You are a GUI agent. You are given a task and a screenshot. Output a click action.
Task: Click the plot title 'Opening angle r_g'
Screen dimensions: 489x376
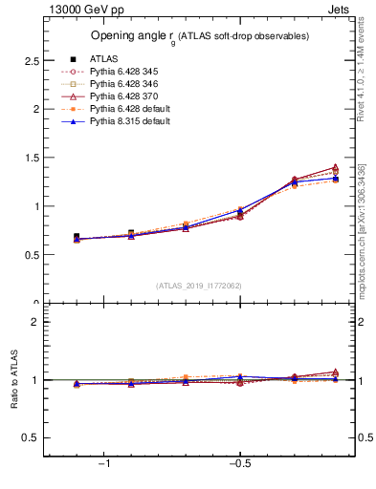click(199, 36)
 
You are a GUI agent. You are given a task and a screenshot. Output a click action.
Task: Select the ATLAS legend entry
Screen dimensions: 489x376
click(102, 59)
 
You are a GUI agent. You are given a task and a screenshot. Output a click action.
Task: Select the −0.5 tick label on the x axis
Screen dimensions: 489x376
click(239, 463)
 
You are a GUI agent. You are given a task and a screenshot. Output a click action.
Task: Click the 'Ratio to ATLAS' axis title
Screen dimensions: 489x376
click(12, 380)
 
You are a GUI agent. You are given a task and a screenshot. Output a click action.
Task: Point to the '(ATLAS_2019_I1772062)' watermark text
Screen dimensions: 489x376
click(199, 285)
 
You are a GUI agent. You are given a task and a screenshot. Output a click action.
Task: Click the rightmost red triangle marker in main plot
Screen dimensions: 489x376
click(334, 167)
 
